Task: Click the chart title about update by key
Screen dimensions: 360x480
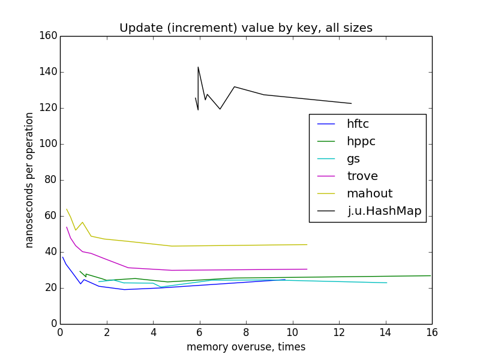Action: click(246, 28)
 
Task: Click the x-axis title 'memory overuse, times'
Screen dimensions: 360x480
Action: click(246, 347)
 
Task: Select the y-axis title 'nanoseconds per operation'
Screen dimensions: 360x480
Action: click(29, 180)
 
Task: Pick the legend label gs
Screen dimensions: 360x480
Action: click(353, 159)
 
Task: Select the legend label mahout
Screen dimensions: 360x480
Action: click(369, 193)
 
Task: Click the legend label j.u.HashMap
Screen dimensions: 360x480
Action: click(384, 211)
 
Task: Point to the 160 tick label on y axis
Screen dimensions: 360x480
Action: click(50, 36)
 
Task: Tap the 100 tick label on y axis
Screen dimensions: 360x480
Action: click(50, 144)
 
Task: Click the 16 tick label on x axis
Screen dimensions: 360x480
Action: click(432, 331)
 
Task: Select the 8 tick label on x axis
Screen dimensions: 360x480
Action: click(246, 331)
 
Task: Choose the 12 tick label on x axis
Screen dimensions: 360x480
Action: click(339, 331)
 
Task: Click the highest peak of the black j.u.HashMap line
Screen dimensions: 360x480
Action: click(198, 67)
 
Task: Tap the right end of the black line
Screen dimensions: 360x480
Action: click(351, 103)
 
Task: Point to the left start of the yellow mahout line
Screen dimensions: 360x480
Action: click(67, 209)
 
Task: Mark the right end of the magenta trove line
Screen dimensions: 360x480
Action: click(307, 269)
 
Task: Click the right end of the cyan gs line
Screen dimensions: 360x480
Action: click(386, 283)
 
